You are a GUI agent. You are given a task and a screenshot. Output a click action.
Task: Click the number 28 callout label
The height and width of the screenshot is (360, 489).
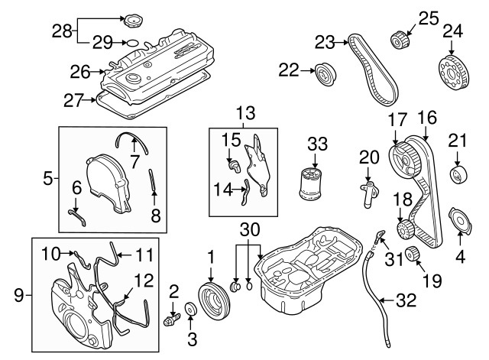pyautogui.click(x=62, y=31)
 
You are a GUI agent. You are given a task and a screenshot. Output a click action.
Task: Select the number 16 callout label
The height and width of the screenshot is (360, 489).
pyautogui.click(x=426, y=118)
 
